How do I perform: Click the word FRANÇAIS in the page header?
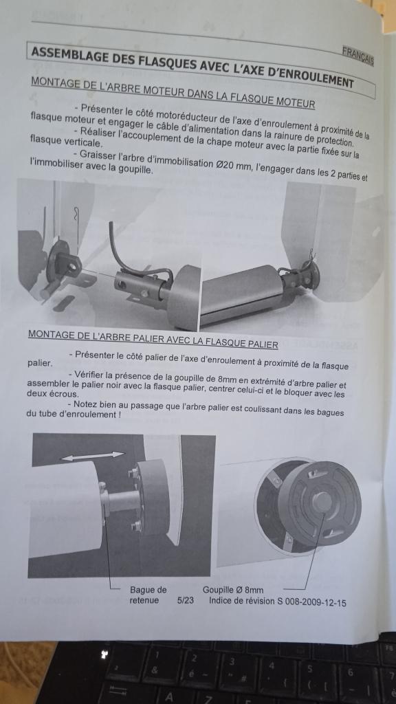pos(357,56)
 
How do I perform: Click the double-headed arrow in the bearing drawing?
pos(93,456)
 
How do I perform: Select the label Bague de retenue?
pos(148,595)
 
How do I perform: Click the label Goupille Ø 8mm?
pos(232,589)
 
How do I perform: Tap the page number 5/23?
pos(186,600)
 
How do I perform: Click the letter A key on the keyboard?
pos(169,697)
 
